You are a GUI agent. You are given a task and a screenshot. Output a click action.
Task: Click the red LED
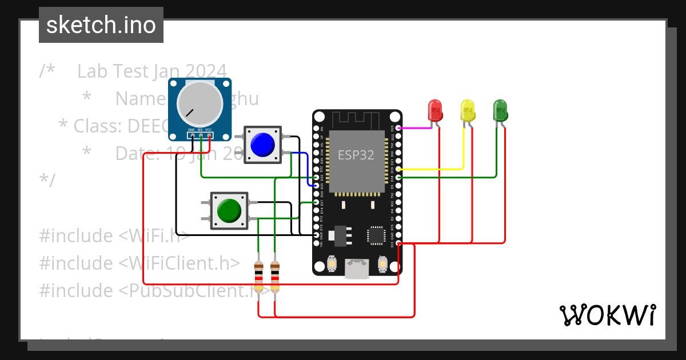coord(435,110)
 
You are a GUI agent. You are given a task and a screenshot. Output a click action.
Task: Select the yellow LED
coord(468,110)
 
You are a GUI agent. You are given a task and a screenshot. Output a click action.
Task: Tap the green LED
coord(500,110)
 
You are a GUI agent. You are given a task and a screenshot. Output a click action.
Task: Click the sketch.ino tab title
coord(101,25)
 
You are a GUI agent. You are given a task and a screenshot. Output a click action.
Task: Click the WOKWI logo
coord(607,315)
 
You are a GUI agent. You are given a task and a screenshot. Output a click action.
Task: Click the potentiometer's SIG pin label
coord(200,130)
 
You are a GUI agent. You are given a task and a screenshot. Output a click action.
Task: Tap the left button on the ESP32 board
coord(332,264)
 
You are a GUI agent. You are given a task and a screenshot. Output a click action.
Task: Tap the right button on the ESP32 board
coord(382,264)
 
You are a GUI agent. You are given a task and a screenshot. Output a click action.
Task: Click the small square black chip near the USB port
coord(376,234)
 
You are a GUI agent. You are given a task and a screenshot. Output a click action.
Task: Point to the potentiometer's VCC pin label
coord(209,130)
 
